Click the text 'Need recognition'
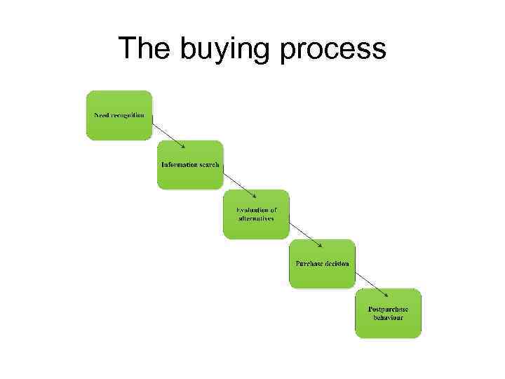pyautogui.click(x=119, y=114)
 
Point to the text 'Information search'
pyautogui.click(x=190, y=165)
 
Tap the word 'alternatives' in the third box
pyautogui.click(x=257, y=218)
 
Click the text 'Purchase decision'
pyautogui.click(x=322, y=264)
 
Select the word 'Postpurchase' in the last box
pyautogui.click(x=388, y=310)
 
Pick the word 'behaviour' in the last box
pyautogui.click(x=388, y=317)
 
